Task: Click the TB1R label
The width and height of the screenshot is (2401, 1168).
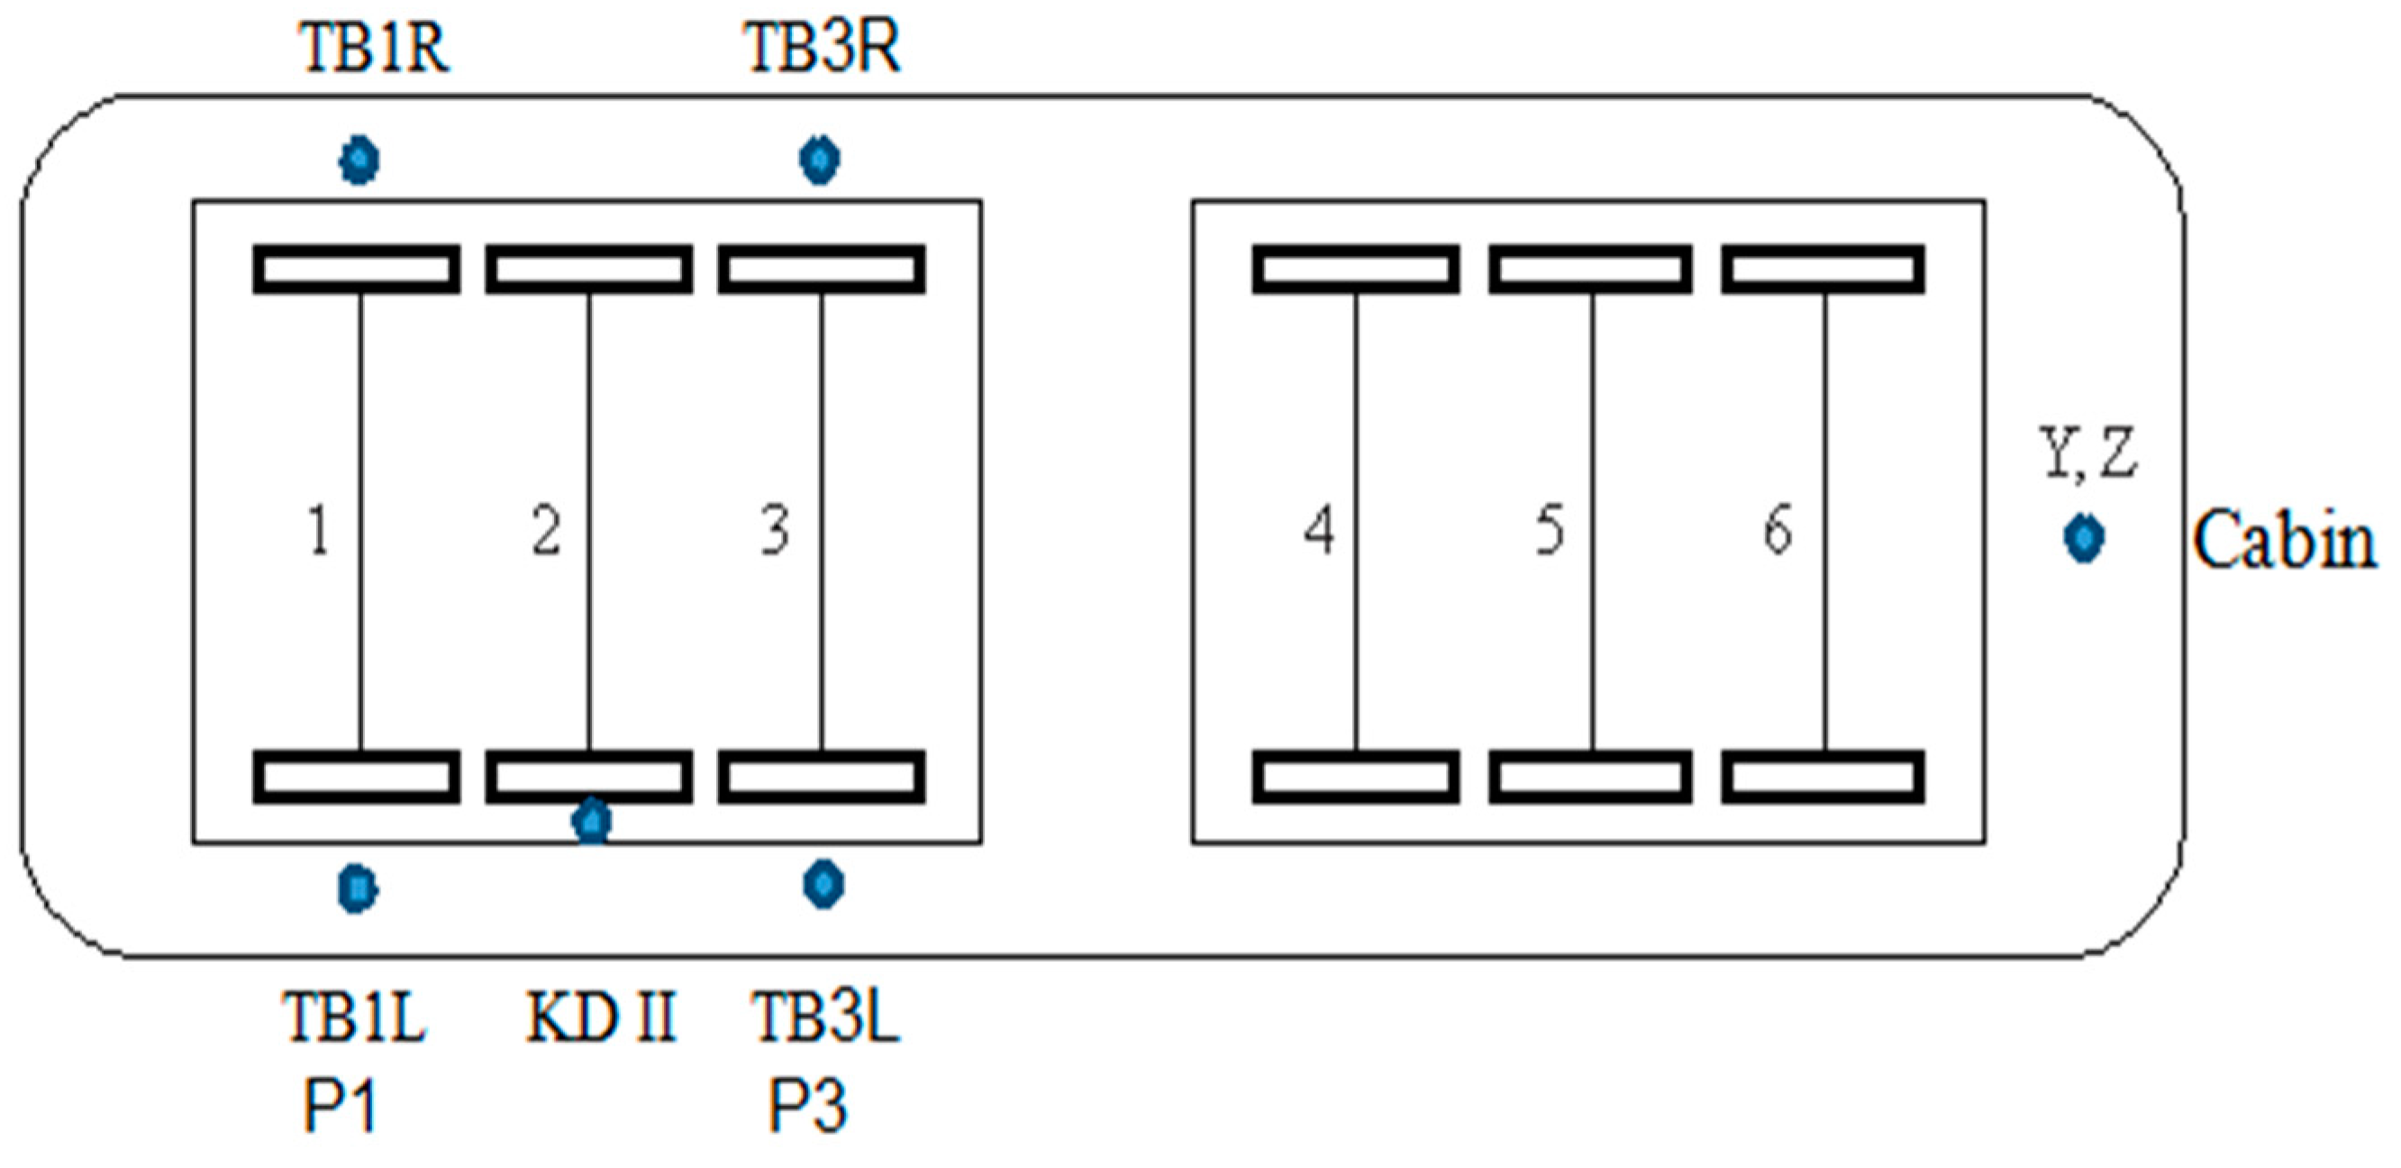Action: tap(375, 49)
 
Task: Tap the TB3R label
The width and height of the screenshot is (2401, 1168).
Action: tap(822, 49)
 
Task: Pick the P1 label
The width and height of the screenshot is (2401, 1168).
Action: tap(341, 1108)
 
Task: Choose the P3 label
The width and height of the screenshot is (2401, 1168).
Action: tap(807, 1108)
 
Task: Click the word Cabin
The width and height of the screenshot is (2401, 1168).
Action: tap(2284, 541)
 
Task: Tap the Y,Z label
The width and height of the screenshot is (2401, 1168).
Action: tap(2087, 454)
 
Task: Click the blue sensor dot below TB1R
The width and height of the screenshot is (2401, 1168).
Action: tap(359, 160)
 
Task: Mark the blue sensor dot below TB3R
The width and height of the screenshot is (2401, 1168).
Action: tap(820, 160)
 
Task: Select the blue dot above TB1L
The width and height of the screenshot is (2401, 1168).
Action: tap(358, 888)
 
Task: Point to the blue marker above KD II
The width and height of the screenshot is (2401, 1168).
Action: tap(592, 821)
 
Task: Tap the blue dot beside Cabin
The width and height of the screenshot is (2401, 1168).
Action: tap(2084, 538)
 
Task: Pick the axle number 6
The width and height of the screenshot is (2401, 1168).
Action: tap(1778, 529)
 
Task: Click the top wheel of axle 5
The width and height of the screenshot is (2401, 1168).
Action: tap(1590, 269)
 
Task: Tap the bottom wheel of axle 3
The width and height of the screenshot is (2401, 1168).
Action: tap(821, 777)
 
